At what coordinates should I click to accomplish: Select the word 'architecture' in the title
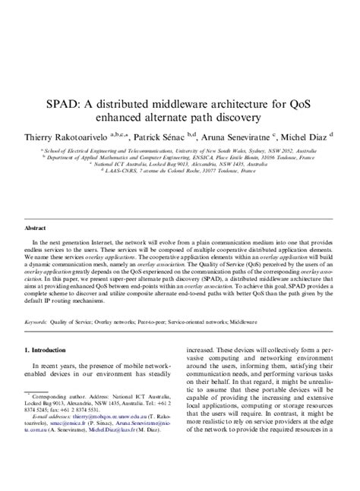[x=238, y=102]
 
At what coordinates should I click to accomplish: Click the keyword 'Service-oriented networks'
[x=201, y=321]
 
